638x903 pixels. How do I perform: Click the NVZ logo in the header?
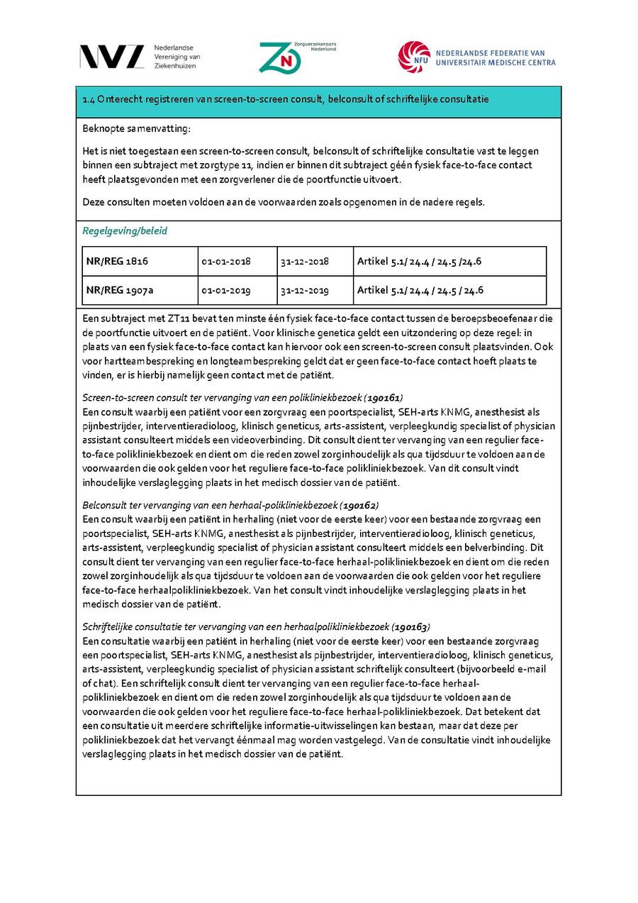pyautogui.click(x=112, y=56)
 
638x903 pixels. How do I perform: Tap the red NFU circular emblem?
pyautogui.click(x=414, y=57)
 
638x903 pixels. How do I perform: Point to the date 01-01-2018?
pyautogui.click(x=225, y=261)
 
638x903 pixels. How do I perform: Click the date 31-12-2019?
pyautogui.click(x=304, y=290)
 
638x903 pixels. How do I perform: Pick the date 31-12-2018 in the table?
pyautogui.click(x=304, y=261)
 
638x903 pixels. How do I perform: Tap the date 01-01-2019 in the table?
pyautogui.click(x=225, y=290)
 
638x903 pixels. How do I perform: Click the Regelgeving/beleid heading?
pyautogui.click(x=125, y=231)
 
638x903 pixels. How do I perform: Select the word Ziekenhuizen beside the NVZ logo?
pyautogui.click(x=177, y=66)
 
